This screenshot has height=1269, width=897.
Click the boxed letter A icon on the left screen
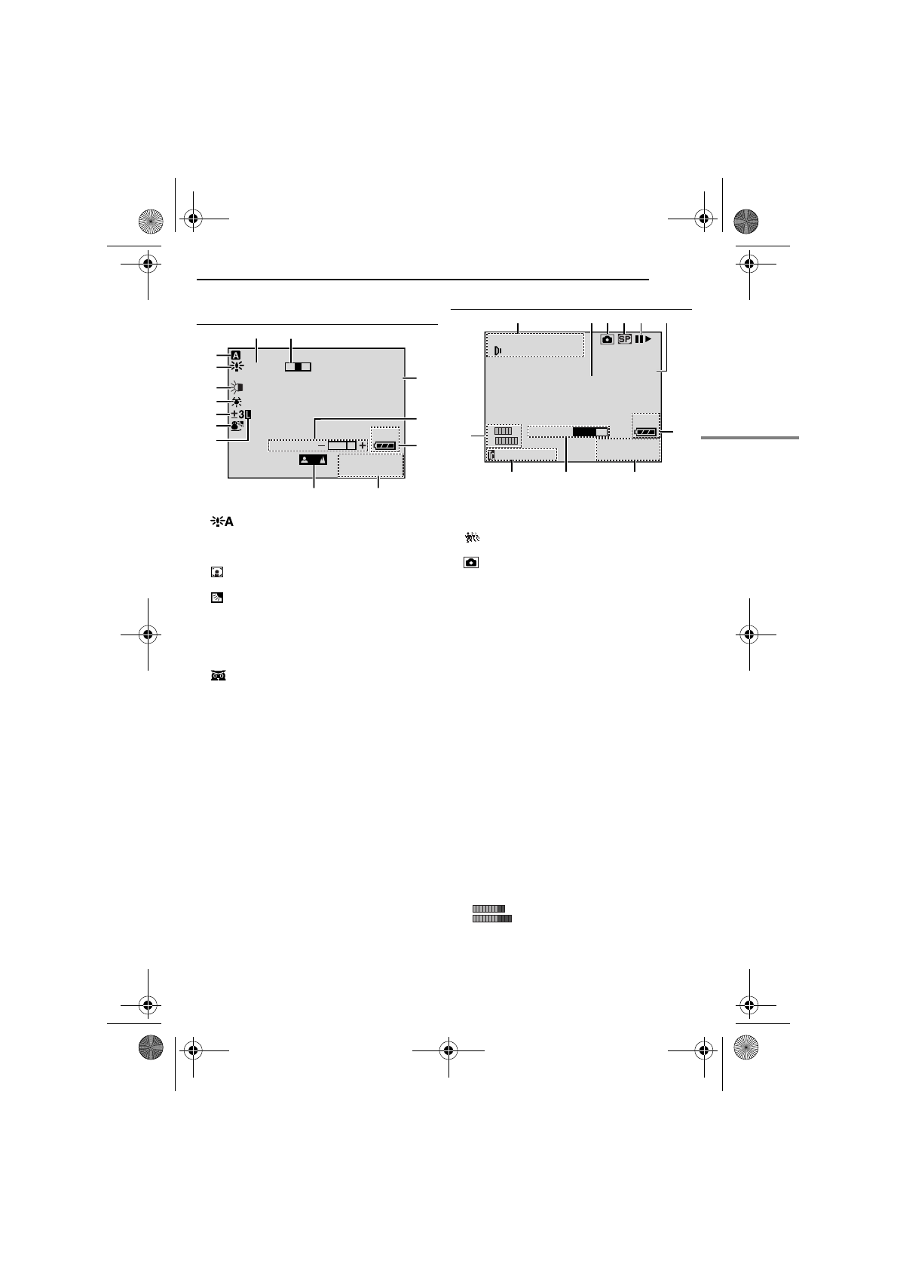pos(236,356)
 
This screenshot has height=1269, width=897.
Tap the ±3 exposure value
pos(237,414)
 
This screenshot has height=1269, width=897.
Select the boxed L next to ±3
pos(248,414)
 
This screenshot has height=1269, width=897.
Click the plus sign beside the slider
pos(362,445)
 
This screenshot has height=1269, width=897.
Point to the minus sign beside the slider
pos(321,445)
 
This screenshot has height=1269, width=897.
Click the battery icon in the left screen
pos(385,446)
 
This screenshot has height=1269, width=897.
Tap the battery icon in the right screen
pos(647,432)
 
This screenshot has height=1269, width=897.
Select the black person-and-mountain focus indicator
pos(314,460)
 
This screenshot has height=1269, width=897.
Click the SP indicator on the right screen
pos(624,339)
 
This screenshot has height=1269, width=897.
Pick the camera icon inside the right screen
pos(608,339)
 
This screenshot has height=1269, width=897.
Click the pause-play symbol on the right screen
pos(643,339)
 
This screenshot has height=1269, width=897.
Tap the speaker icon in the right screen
pos(498,350)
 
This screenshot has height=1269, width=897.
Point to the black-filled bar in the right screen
pos(584,433)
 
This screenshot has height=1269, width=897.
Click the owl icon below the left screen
pos(218,675)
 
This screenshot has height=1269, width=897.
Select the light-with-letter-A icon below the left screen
pos(222,521)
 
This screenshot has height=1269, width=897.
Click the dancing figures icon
pos(472,537)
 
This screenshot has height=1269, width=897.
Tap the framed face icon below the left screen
pos(216,572)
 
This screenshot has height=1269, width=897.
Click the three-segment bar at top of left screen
pos(298,366)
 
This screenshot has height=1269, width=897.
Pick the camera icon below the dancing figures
pos(471,563)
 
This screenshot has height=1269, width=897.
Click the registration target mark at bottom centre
pos(448,1050)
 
